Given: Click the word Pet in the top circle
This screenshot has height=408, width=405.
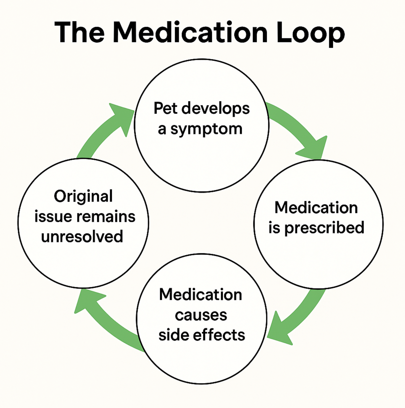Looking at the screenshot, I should tap(166, 108).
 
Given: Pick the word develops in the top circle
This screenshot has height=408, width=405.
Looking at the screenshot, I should tap(215, 109).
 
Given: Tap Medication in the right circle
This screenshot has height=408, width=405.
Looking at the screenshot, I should tap(316, 208).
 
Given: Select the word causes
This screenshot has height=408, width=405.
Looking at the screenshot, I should tap(201, 315).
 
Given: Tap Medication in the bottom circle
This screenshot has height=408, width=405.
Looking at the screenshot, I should tap(200, 294).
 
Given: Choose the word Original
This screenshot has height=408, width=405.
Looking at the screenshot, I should tap(83, 196).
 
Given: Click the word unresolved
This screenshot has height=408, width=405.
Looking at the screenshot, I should tap(82, 237).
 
